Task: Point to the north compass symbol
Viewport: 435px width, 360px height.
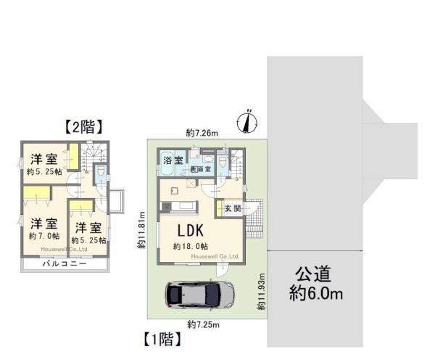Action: pos(246,121)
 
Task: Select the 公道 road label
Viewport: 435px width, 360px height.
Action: pos(313,274)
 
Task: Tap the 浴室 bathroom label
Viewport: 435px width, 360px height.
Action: pos(173,159)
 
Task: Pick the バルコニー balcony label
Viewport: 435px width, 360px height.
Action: pos(64,264)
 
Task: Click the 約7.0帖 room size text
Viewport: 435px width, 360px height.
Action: pos(43,237)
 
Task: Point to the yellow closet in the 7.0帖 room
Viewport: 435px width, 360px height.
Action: pos(36,192)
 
